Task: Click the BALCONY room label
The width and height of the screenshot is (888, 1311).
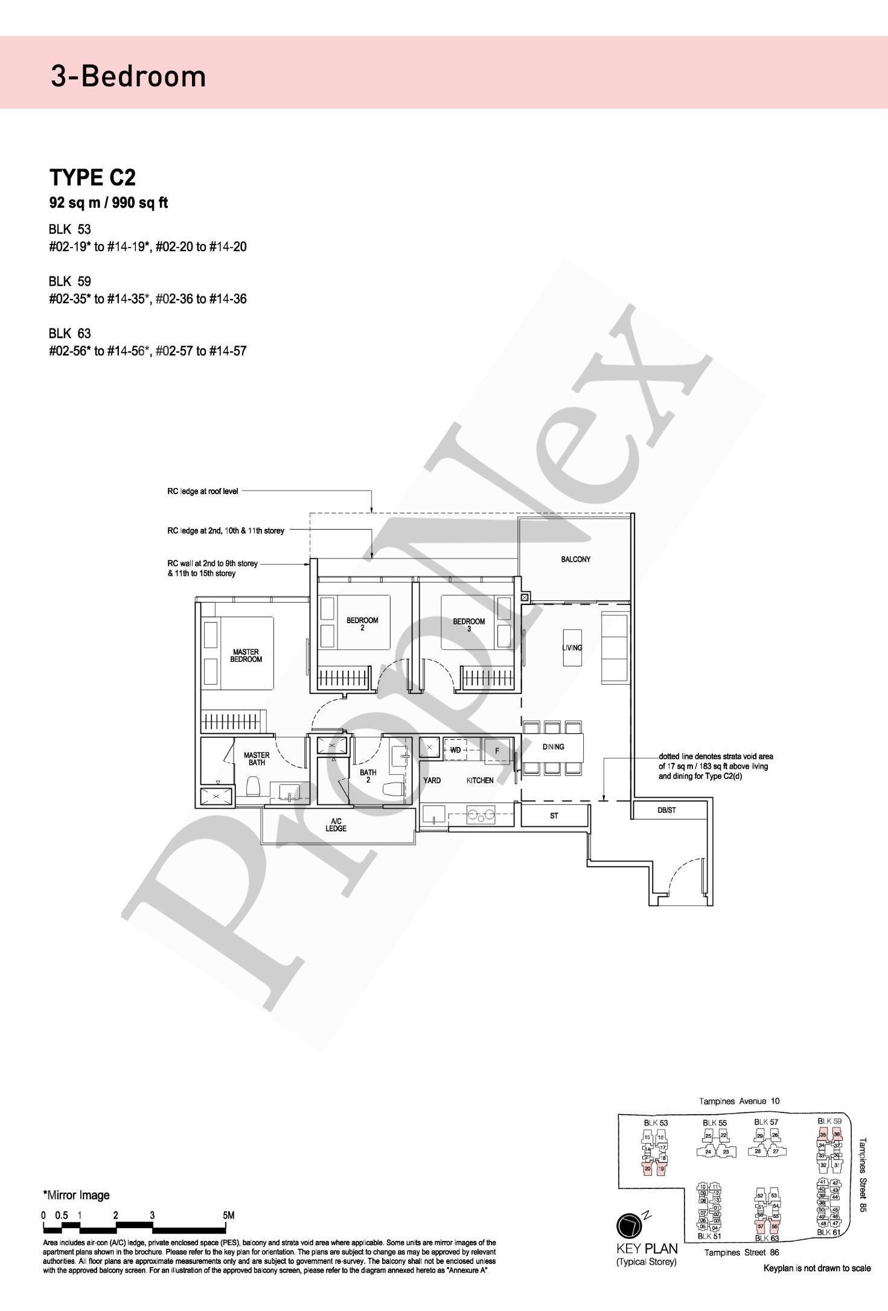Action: tap(575, 559)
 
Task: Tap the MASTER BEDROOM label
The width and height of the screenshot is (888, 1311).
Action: tap(246, 656)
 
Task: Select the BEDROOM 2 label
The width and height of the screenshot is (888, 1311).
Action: tap(362, 624)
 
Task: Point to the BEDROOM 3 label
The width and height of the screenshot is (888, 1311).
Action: tap(469, 625)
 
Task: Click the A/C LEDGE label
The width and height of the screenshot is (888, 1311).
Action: tap(336, 825)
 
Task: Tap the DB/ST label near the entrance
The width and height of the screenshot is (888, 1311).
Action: tap(666, 810)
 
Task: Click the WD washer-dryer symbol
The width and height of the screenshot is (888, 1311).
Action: tap(456, 750)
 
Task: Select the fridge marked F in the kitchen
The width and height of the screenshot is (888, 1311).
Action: tap(497, 751)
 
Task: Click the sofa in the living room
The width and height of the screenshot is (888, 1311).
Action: tap(615, 647)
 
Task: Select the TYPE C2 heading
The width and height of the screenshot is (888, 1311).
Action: tap(92, 178)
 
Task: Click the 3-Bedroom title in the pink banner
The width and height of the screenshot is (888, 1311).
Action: tap(129, 77)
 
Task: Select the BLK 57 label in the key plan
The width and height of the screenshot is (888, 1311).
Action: tap(766, 1122)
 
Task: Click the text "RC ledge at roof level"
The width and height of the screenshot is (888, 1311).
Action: tap(202, 492)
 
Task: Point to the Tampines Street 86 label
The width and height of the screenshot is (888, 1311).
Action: tap(741, 1252)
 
